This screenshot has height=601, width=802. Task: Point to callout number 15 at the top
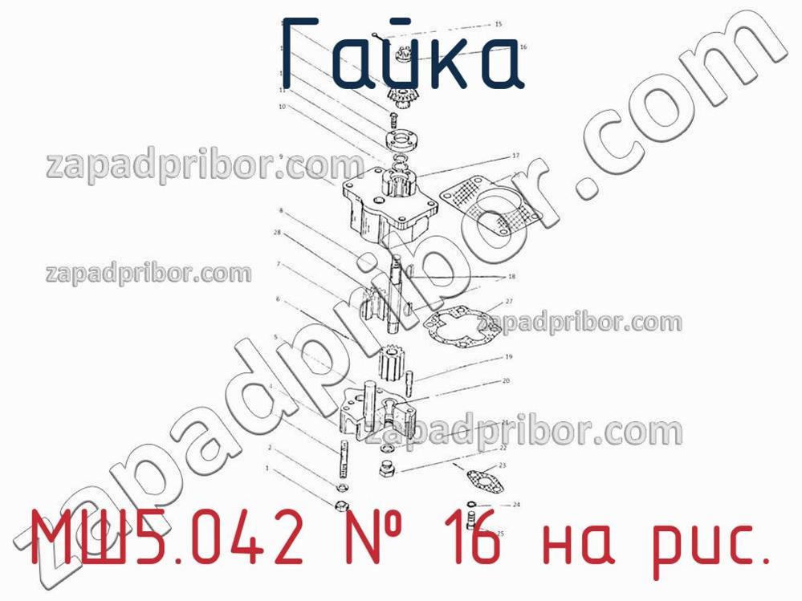point(498,25)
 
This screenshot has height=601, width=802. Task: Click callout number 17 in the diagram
point(515,156)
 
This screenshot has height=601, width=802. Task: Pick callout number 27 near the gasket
point(508,302)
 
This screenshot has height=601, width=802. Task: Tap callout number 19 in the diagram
point(508,357)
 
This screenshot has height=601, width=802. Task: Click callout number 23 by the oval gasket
point(503,465)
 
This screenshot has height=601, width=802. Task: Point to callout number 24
point(517,506)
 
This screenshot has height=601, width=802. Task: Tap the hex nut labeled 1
point(340,506)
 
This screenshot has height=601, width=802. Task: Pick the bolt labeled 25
point(472,517)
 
